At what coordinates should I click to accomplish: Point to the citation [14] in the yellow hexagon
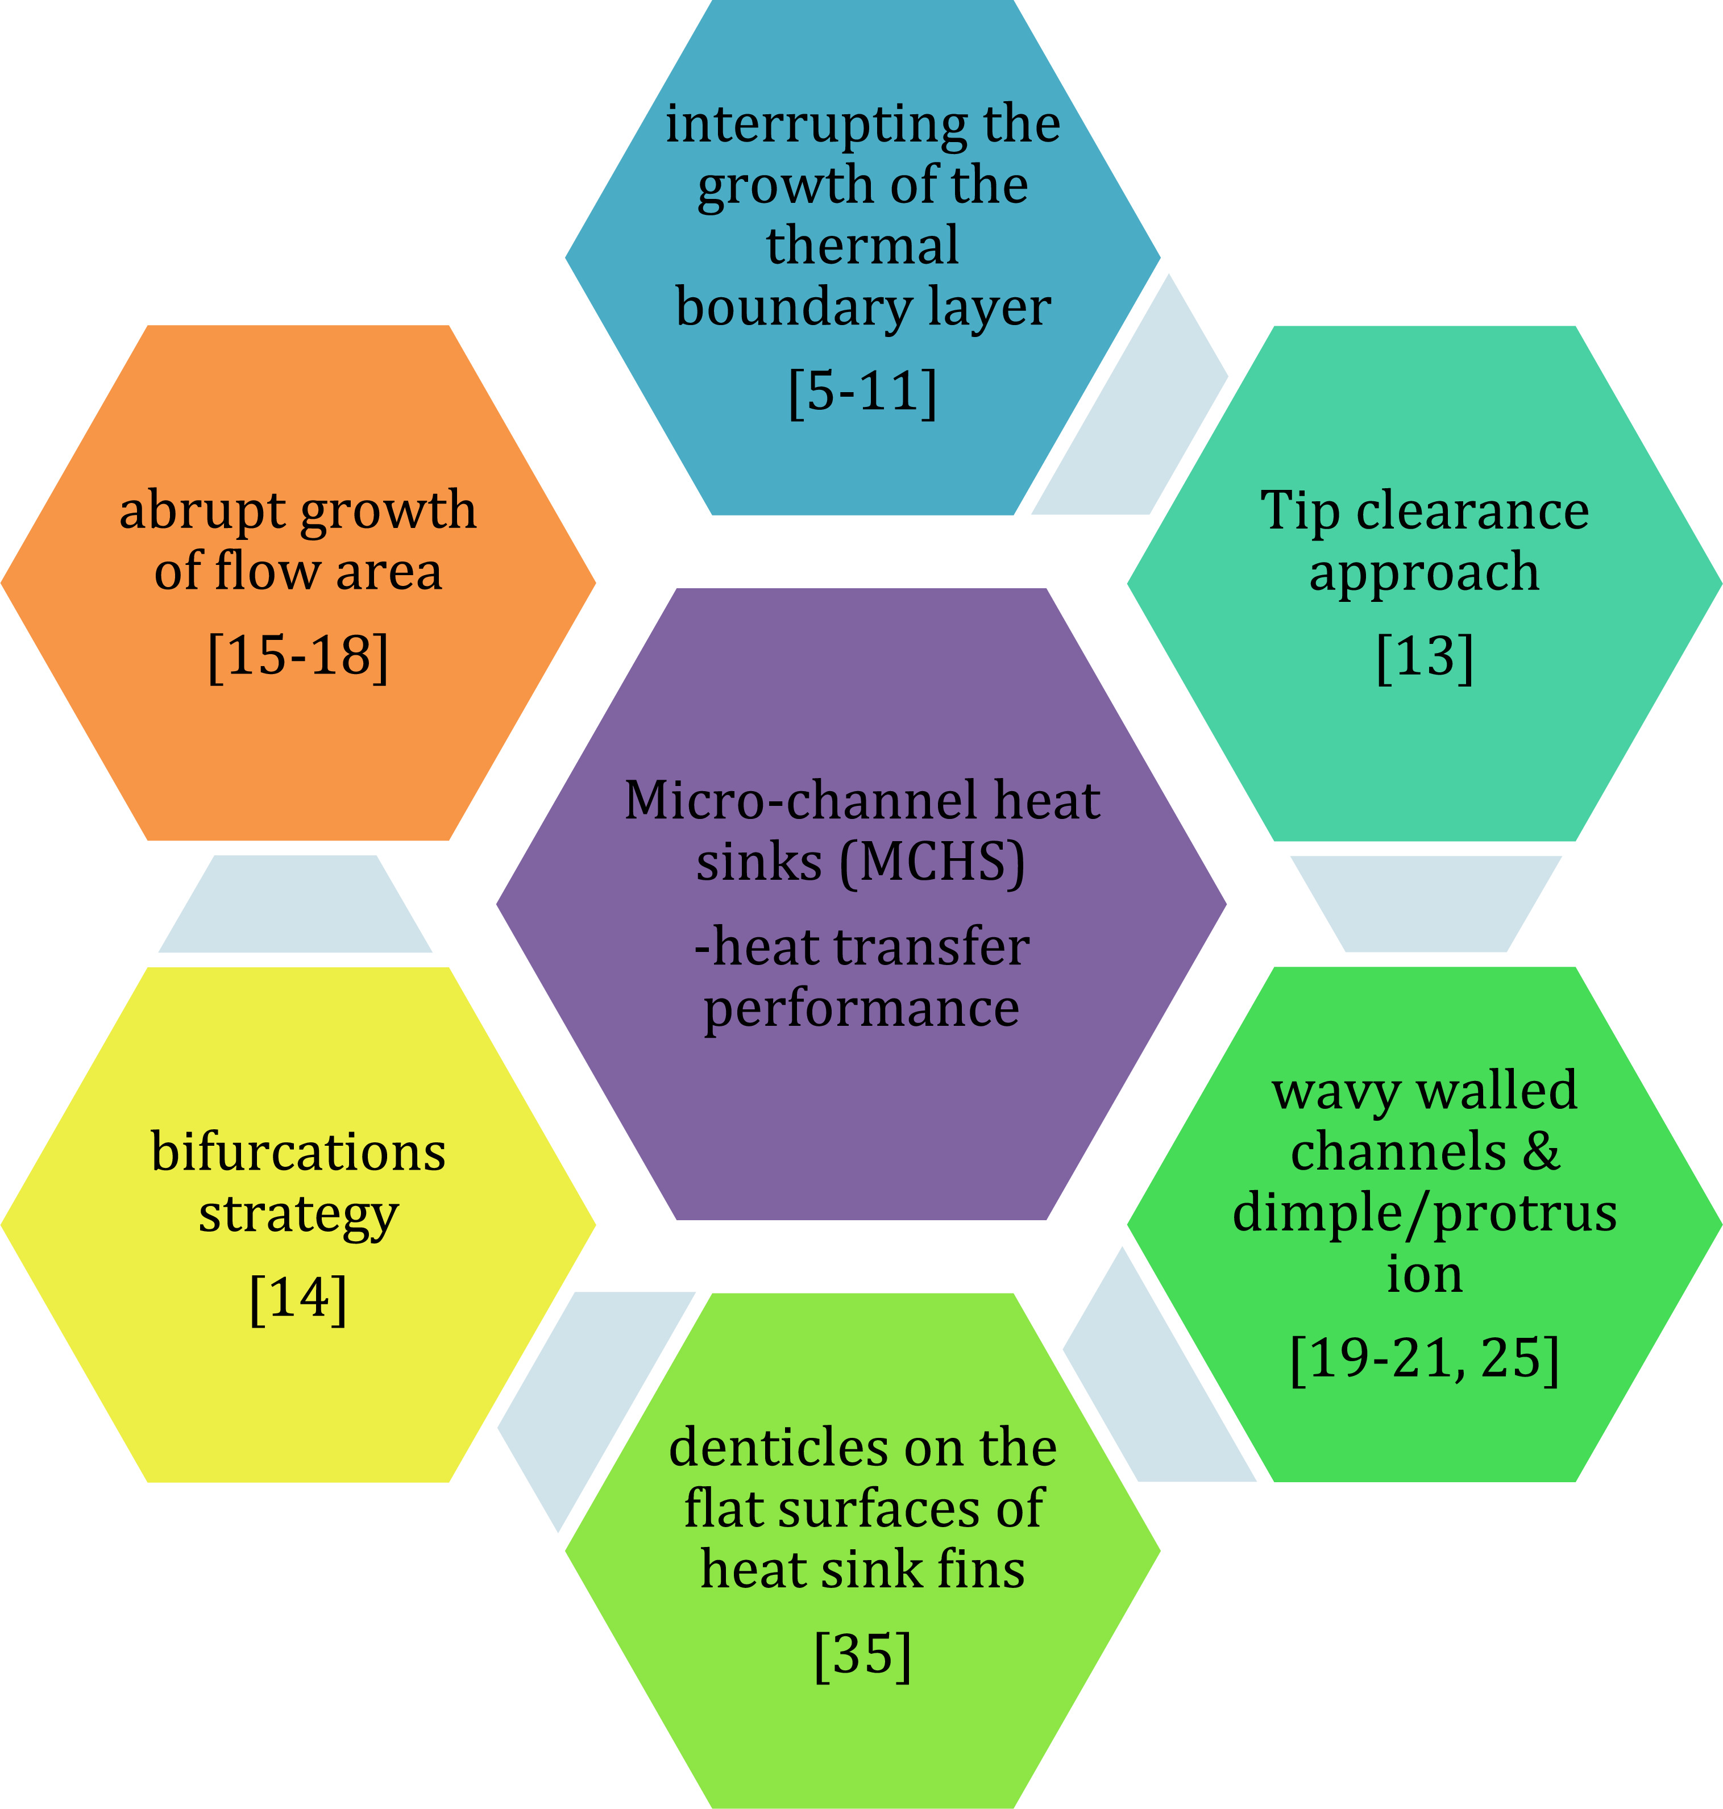pyautogui.click(x=298, y=1299)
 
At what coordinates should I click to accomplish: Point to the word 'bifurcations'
pyautogui.click(x=298, y=1151)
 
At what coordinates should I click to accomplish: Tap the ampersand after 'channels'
pyautogui.click(x=1542, y=1151)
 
